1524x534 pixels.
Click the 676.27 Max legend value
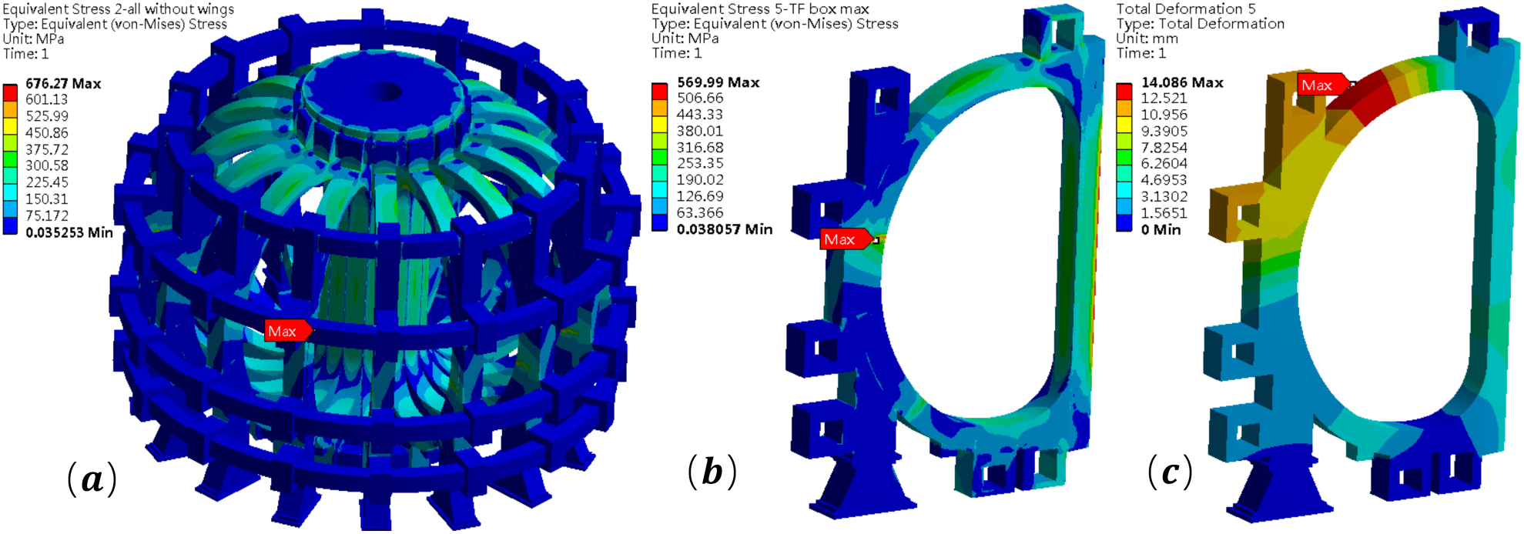[63, 83]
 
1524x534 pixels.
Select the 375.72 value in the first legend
[47, 149]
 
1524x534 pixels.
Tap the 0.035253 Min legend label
[69, 232]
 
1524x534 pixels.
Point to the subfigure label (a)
[92, 479]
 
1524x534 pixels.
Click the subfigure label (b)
[712, 471]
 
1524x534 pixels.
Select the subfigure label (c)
[1171, 471]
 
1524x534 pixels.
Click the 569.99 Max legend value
[718, 82]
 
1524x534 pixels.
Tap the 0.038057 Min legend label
[725, 229]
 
